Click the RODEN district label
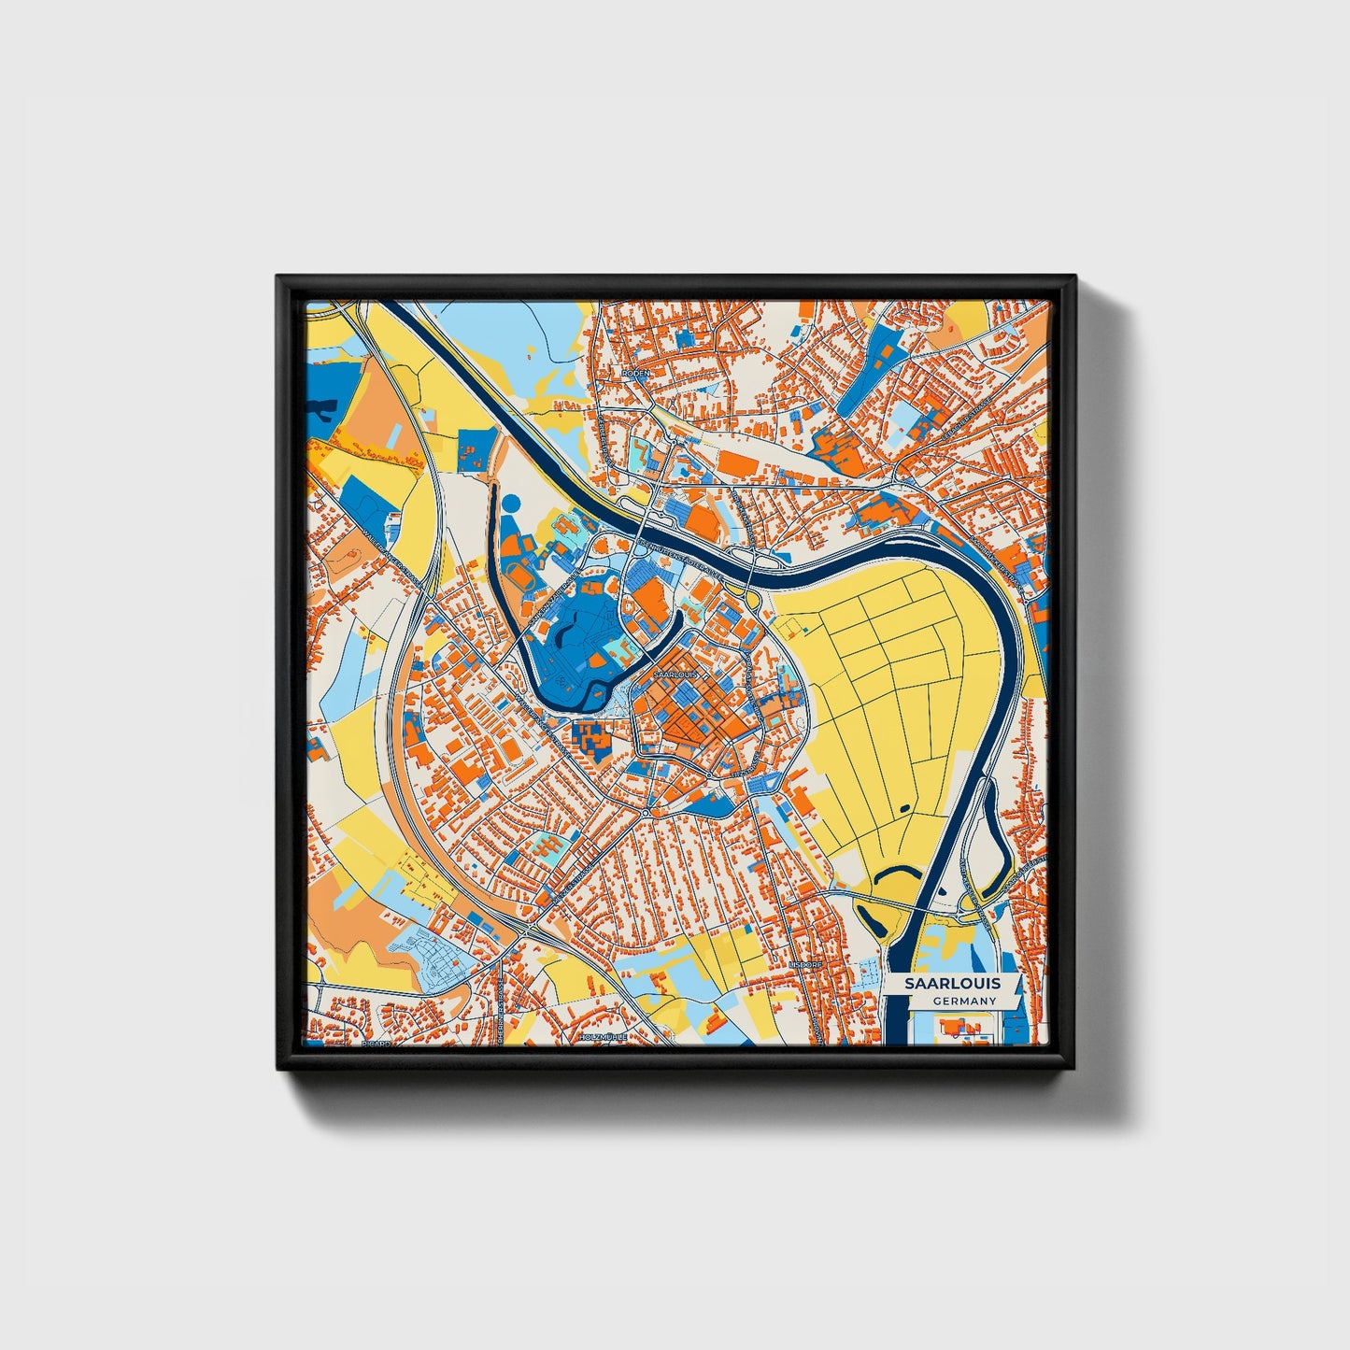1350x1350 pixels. [x=636, y=372]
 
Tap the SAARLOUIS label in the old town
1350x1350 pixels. [x=675, y=673]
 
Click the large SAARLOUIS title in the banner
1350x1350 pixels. [x=952, y=983]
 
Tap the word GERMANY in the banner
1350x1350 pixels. [x=964, y=1001]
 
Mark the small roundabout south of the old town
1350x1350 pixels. [x=646, y=814]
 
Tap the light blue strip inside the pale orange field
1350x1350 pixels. [x=395, y=435]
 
